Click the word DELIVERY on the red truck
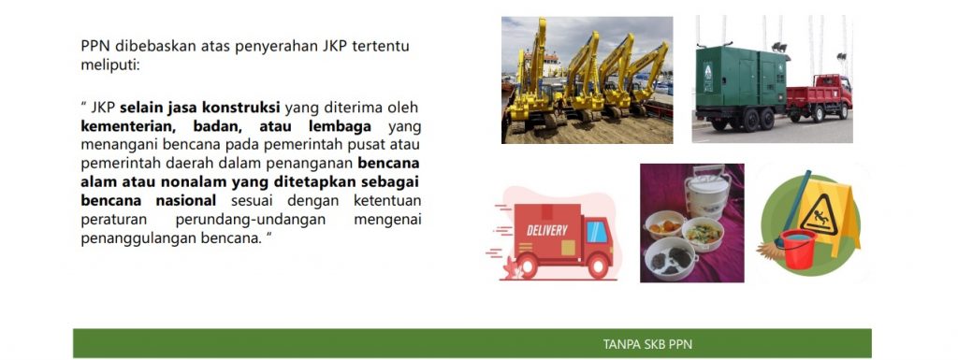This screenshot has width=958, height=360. coord(546,231)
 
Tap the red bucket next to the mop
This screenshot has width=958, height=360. coord(799,249)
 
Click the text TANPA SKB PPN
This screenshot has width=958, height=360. coord(647,344)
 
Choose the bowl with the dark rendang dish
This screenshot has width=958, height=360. coord(671,258)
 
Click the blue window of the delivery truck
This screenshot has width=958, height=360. coord(596,231)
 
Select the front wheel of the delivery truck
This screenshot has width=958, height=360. coord(598,266)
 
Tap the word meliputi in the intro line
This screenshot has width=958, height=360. coord(110,65)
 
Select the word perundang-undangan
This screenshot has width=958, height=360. coord(251,220)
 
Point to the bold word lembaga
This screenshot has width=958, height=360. coord(340,127)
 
